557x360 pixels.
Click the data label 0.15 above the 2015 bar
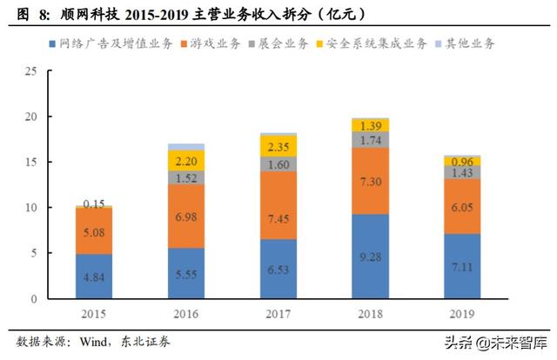pos(94,203)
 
